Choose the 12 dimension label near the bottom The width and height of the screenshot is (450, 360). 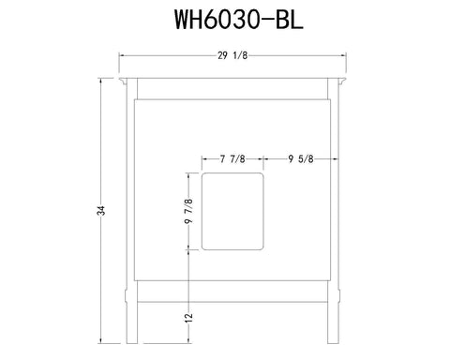point(190,317)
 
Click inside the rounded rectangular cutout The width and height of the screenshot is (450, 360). point(232,211)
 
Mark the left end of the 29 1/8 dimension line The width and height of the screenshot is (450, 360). point(118,55)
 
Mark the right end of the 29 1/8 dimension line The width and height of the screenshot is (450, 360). point(348,55)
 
